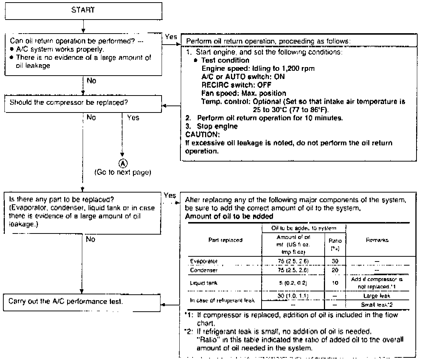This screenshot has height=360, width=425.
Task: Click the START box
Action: pyautogui.click(x=83, y=10)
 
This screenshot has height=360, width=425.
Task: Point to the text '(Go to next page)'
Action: pyautogui.click(x=122, y=172)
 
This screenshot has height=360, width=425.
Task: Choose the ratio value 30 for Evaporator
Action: pyautogui.click(x=333, y=261)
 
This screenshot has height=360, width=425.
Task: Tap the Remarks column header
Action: pyautogui.click(x=377, y=240)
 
